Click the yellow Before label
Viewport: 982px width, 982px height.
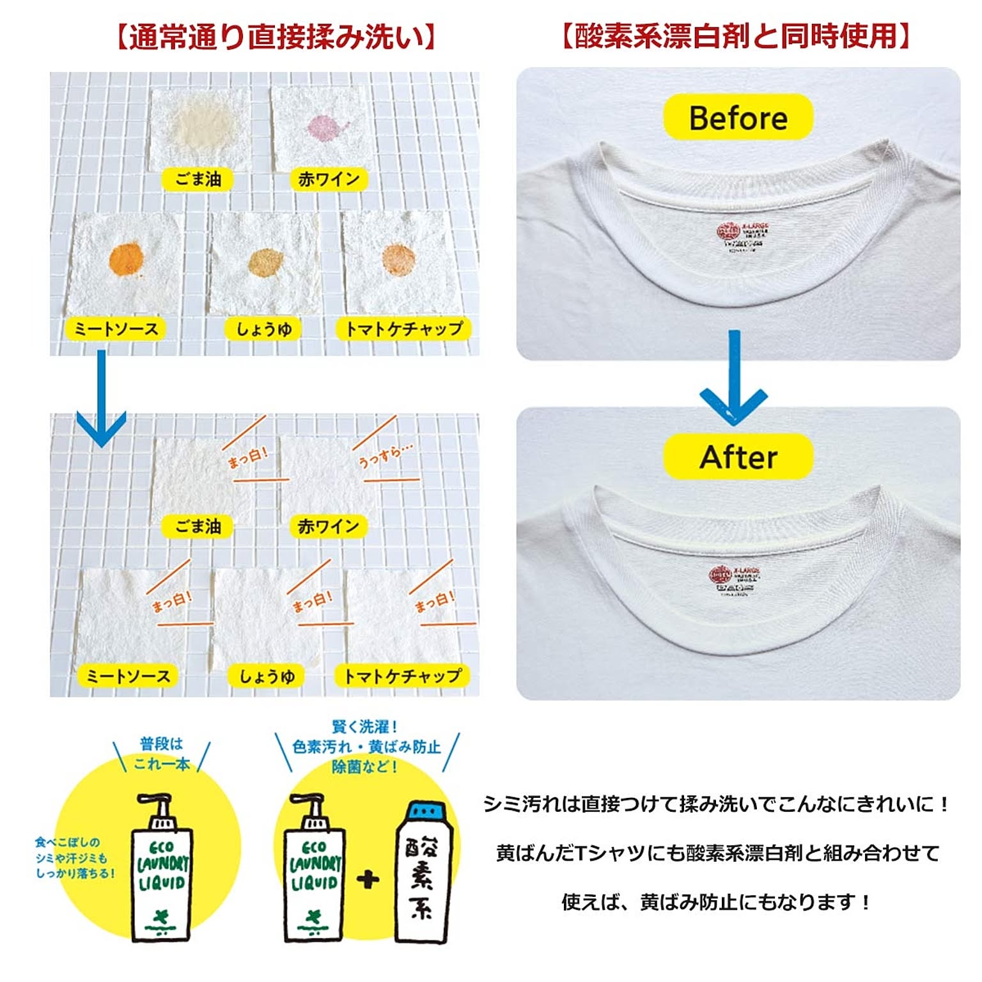coord(738,117)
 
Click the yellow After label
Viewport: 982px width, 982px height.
coord(738,456)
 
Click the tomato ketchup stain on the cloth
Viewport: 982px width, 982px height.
coord(399,259)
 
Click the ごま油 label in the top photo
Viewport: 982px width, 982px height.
coord(198,179)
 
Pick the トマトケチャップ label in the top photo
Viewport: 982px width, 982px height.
coord(403,329)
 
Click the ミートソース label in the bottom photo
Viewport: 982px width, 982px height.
coord(128,676)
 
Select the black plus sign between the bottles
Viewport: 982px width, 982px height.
coord(368,880)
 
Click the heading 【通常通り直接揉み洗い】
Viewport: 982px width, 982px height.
coord(276,37)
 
